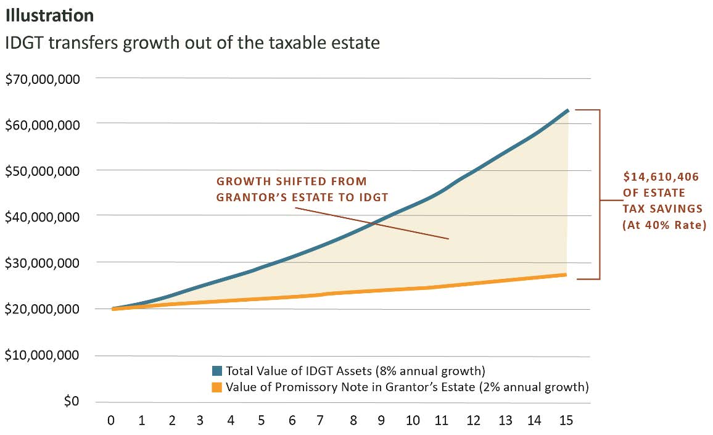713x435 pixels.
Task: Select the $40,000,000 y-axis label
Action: pos(43,217)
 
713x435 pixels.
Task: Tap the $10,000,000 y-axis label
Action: pos(43,356)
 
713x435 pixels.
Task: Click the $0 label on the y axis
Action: pos(72,402)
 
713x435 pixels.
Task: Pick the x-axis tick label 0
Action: pos(111,421)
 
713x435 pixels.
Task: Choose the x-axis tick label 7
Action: pos(319,421)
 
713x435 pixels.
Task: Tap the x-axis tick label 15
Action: pos(566,421)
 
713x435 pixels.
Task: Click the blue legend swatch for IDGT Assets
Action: pos(216,371)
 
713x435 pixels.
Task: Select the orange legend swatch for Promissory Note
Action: pos(216,387)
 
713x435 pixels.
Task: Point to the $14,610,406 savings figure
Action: pos(661,177)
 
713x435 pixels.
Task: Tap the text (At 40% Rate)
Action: pos(663,225)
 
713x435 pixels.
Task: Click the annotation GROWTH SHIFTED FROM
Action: pos(291,181)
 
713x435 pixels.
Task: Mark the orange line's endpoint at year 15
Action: pos(566,275)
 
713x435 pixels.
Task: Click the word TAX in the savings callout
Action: pos(637,209)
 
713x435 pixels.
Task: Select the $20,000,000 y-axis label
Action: pos(43,309)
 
